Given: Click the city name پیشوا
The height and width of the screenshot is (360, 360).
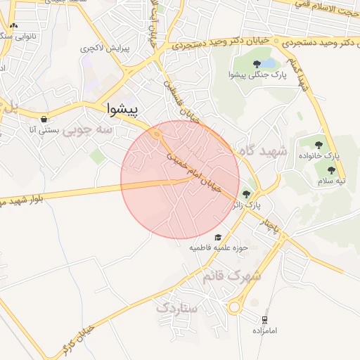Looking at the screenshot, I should pos(132,109).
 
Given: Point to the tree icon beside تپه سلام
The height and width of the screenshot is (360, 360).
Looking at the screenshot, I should pos(331,170).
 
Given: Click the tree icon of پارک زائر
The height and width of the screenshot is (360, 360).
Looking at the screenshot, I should pos(245,194).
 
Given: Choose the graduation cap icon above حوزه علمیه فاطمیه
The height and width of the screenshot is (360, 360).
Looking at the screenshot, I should pos(219,237).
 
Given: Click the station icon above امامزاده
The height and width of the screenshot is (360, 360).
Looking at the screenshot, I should pos(265,319).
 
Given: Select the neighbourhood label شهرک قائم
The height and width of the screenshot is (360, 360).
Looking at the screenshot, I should pos(231,276).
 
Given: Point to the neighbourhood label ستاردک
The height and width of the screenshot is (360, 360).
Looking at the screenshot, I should pos(177,307).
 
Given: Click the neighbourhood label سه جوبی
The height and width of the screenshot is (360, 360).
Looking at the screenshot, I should pos(87,130).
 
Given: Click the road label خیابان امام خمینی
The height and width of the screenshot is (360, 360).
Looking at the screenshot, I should pos(193,166).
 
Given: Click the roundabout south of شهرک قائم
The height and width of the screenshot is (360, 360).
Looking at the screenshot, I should pos(237,304).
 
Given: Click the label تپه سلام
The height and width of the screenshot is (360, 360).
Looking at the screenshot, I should pos(328,181).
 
